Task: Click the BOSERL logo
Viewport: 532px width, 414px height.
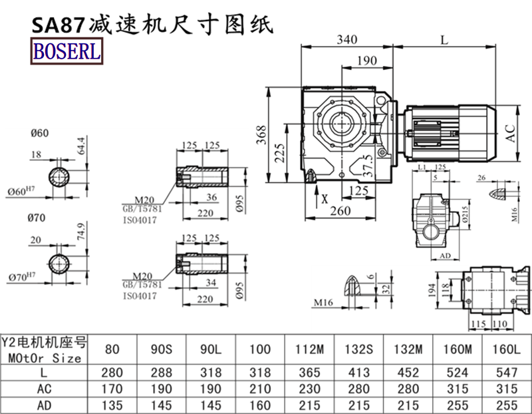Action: (65, 51)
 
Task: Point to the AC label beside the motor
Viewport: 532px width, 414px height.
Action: (511, 132)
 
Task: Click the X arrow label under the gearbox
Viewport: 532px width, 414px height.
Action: (324, 198)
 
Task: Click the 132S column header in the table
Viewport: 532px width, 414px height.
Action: (358, 348)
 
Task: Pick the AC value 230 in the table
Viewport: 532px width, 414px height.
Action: (299, 387)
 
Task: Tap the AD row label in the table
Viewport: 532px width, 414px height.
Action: (44, 404)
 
